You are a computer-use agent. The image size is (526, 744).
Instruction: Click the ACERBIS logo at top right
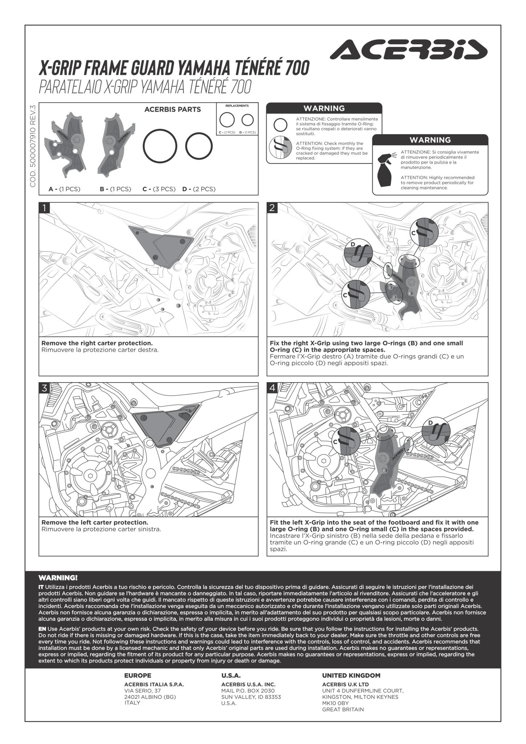(x=408, y=49)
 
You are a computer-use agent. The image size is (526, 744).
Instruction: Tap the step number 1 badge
(x=44, y=208)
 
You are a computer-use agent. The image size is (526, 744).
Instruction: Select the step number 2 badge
(x=272, y=208)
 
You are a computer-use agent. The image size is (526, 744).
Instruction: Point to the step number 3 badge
(x=44, y=388)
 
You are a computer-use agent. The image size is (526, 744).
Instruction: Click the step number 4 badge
(x=272, y=388)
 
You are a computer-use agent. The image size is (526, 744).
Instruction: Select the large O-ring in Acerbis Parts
(x=160, y=146)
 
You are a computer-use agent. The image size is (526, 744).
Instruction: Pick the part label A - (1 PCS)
(x=64, y=189)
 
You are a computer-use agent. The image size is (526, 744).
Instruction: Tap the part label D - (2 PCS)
(x=199, y=189)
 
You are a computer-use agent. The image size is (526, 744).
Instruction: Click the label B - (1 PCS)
(x=115, y=189)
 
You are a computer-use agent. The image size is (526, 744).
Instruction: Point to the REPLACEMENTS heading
(x=237, y=106)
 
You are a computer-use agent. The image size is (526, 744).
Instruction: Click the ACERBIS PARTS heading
(x=173, y=109)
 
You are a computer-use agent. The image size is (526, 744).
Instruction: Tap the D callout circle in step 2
(x=358, y=252)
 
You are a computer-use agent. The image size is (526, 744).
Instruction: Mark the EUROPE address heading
(x=138, y=676)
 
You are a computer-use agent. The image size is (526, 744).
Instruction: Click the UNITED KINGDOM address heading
(x=351, y=676)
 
